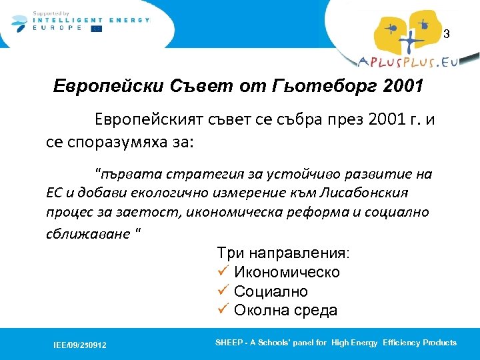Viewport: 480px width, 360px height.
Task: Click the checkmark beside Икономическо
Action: (223, 272)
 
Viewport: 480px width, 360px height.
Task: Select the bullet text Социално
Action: (271, 291)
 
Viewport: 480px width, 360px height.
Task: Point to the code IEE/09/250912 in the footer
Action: (80, 345)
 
